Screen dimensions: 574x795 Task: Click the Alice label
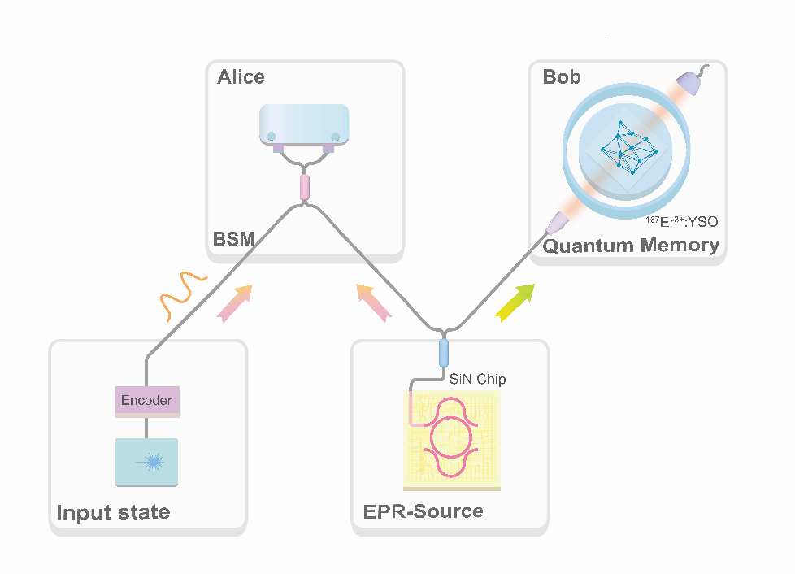[241, 77]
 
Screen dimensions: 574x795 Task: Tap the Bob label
[562, 77]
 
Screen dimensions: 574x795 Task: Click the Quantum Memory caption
[631, 246]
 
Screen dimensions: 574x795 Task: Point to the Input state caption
[113, 512]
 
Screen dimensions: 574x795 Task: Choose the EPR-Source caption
[423, 511]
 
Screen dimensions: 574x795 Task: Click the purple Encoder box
[146, 400]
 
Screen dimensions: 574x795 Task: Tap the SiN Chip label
[478, 379]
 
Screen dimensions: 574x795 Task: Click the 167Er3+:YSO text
[680, 222]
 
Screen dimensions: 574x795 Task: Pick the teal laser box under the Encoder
[146, 462]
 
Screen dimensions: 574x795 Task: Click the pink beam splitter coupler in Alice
[305, 186]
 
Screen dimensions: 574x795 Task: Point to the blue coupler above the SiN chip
[444, 354]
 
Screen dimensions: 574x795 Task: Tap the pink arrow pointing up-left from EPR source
[373, 303]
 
